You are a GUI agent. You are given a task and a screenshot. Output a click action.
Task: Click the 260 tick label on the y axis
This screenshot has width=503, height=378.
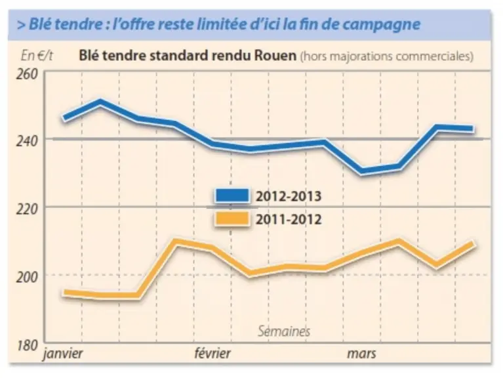pyautogui.click(x=27, y=74)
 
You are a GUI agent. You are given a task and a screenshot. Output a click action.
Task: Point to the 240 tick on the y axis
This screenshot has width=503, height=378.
pyautogui.click(x=27, y=140)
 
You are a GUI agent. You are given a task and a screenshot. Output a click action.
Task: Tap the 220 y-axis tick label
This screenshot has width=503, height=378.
pyautogui.click(x=27, y=209)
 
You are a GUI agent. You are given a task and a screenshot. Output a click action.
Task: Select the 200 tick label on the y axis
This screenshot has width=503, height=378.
pyautogui.click(x=27, y=277)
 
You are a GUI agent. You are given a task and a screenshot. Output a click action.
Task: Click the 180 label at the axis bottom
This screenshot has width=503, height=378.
pyautogui.click(x=27, y=346)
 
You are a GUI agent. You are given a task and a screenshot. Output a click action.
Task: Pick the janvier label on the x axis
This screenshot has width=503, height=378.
pyautogui.click(x=63, y=354)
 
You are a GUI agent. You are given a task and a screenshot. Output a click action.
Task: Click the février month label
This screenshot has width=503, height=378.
pyautogui.click(x=212, y=353)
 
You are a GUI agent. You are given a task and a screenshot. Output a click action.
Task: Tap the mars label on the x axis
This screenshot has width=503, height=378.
pyautogui.click(x=361, y=354)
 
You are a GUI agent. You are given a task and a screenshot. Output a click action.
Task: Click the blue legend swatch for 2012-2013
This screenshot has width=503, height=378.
pyautogui.click(x=232, y=196)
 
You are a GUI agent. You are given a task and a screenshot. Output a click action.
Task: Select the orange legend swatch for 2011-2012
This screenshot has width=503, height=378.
pyautogui.click(x=232, y=219)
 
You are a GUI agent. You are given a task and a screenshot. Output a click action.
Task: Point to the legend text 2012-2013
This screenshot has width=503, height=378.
pyautogui.click(x=289, y=196)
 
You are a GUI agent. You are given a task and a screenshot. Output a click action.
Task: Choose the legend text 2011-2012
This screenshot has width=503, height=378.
pyautogui.click(x=289, y=220)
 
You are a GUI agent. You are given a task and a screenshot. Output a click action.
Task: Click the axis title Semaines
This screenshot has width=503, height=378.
pyautogui.click(x=284, y=331)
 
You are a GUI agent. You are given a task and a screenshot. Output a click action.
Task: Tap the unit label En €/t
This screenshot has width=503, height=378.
pyautogui.click(x=37, y=56)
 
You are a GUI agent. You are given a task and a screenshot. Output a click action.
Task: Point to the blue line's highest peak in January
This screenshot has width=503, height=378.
pyautogui.click(x=100, y=102)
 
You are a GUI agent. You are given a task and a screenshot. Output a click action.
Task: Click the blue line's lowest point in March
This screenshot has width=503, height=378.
pyautogui.click(x=363, y=171)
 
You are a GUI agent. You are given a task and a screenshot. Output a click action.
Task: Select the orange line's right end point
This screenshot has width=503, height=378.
pyautogui.click(x=473, y=243)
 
